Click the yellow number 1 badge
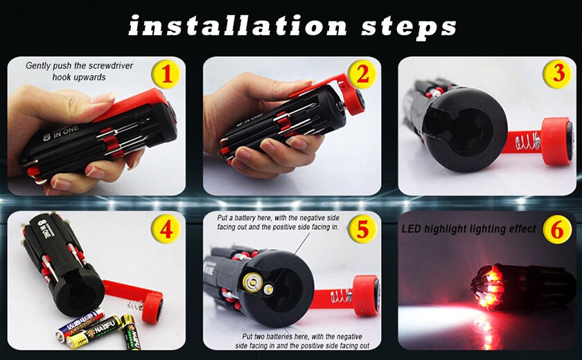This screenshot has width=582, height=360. pos(166,74)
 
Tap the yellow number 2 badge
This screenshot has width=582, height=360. pos(362,74)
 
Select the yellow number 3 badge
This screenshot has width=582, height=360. pos(557,74)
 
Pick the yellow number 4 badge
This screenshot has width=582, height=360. pos(166,229)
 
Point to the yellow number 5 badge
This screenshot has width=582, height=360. pos(362,229)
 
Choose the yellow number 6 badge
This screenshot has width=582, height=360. pos(557,229)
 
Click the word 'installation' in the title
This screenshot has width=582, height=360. pos(238,27)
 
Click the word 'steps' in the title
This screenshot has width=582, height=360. pos(409,28)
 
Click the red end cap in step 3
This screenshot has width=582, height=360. pos(557,141)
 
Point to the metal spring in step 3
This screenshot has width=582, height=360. pos(528,141)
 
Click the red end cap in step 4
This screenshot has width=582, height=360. pos(152,307)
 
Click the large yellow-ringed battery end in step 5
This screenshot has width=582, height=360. pos(252,282)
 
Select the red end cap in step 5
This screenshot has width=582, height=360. pos(366,295)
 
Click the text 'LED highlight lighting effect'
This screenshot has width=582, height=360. pos(468,229)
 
